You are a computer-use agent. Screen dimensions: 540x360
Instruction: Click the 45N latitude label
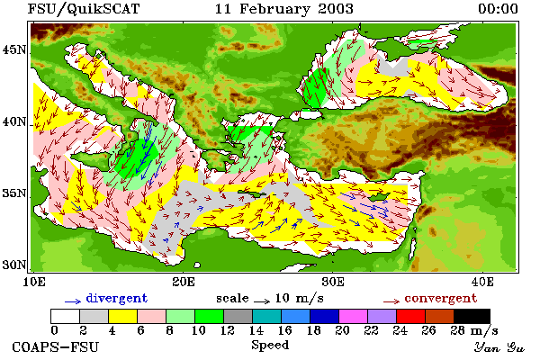[14, 50]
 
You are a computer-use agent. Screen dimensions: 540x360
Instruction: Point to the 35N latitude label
[14, 193]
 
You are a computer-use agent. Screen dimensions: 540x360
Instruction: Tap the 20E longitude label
[184, 282]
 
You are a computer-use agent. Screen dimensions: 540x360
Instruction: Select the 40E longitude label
[482, 282]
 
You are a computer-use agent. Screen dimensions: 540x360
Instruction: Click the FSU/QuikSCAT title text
[84, 9]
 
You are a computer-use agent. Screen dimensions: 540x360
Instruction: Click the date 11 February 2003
[284, 9]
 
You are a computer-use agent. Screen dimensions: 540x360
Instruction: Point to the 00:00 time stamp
[498, 9]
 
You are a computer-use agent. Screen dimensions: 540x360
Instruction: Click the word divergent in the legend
[116, 298]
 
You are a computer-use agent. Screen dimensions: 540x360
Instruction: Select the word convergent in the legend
[441, 298]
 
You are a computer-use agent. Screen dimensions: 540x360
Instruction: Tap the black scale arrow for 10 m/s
[262, 301]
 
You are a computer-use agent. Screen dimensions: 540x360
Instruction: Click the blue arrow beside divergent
[73, 301]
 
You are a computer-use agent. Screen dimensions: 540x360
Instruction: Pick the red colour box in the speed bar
[410, 316]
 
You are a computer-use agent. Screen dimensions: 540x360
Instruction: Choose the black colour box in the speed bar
[472, 316]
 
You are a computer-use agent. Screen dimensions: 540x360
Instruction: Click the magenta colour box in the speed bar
[353, 316]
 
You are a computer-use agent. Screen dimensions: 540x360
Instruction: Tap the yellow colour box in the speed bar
[122, 316]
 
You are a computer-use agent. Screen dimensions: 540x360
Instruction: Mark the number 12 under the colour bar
[228, 330]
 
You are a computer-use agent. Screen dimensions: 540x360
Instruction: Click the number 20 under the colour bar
[343, 330]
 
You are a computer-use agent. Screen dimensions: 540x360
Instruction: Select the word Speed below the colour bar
[270, 346]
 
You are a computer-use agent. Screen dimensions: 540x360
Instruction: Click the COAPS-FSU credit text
[56, 346]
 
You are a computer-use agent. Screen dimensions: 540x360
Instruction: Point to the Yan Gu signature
[499, 347]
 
